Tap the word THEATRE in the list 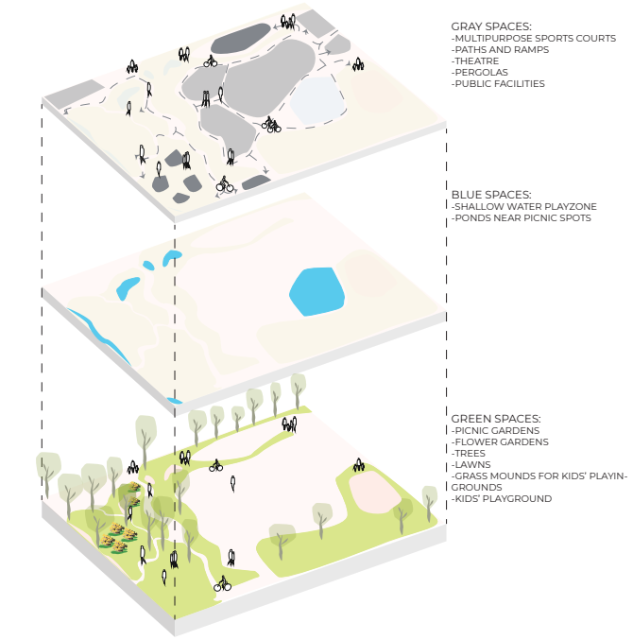[477, 61]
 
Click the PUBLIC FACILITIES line [499, 83]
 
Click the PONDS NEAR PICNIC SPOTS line [522, 217]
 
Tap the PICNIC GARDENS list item [492, 430]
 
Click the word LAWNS [472, 464]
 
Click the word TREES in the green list [471, 453]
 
